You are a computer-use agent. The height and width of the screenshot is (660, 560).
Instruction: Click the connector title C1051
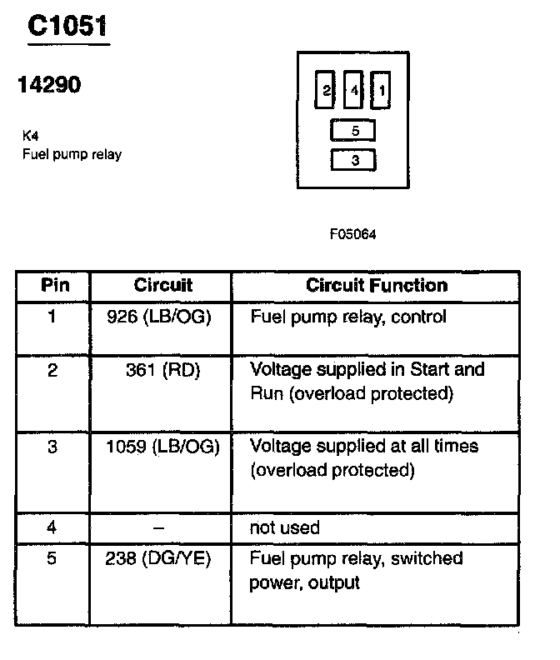pos(67,27)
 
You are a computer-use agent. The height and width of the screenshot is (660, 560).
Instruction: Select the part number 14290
pos(49,85)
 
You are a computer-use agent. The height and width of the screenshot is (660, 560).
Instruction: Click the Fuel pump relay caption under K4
pos(72,154)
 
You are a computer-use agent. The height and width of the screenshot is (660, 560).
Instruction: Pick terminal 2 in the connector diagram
pos(326,91)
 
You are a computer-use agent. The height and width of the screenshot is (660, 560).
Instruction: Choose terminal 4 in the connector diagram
pos(353,91)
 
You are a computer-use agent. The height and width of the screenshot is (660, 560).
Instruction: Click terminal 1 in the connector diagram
pos(380,91)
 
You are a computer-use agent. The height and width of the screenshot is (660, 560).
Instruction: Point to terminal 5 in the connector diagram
pos(354,131)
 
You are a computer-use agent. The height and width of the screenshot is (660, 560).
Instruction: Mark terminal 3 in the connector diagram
pos(354,160)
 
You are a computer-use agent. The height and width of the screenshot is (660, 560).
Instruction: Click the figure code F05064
pos(353,234)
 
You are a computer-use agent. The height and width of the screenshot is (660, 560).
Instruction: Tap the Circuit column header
pos(162,285)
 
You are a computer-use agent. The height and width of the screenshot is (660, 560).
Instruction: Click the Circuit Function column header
pos(377,285)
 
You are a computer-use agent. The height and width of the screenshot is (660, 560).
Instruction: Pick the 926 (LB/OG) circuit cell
pos(159,317)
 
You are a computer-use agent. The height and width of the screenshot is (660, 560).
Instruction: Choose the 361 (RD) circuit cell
pos(159,369)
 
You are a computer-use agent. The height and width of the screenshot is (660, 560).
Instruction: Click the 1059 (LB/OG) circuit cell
pos(162,446)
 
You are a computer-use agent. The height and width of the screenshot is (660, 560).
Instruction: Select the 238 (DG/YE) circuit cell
pos(159,558)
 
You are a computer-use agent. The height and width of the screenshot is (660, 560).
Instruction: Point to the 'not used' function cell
pos(284,527)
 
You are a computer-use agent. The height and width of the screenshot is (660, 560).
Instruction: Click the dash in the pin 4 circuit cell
pos(158,527)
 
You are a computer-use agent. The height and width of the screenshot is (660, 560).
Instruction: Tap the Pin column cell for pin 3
pos(52,446)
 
